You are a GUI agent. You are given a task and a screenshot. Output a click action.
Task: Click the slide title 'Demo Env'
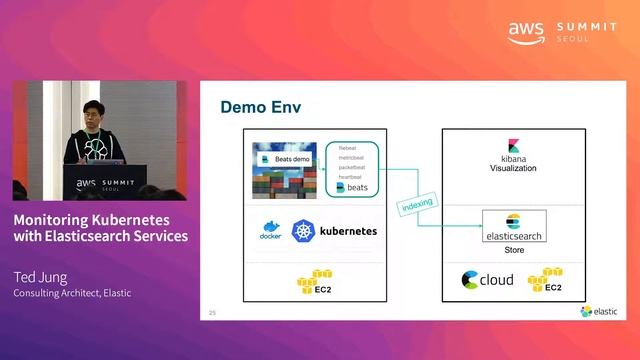click(x=260, y=107)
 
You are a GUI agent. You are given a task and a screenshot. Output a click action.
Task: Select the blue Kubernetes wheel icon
click(x=303, y=231)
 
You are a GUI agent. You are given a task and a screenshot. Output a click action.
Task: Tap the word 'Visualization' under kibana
click(x=513, y=168)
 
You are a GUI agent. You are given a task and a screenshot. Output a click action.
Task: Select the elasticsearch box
click(x=514, y=225)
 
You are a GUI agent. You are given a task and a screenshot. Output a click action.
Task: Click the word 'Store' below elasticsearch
click(x=513, y=251)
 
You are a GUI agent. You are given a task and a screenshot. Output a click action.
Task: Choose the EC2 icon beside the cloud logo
click(x=545, y=280)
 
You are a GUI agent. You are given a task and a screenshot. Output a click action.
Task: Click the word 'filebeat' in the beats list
click(x=350, y=148)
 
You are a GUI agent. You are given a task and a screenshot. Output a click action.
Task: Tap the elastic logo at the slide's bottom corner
click(x=599, y=311)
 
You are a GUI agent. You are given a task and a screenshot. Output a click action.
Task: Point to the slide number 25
click(x=212, y=313)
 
